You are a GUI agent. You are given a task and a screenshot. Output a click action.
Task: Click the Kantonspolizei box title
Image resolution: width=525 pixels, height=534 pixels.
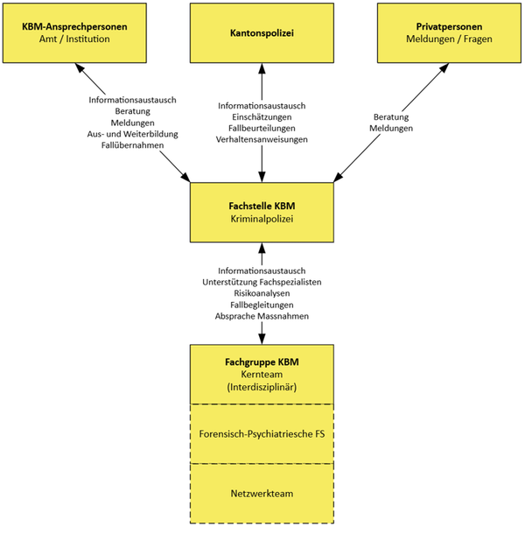coord(262,33)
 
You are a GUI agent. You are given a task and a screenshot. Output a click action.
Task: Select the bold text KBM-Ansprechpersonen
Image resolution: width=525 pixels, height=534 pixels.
coord(74,26)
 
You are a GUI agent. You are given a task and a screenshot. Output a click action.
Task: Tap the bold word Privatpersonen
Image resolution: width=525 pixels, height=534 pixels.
coord(449,26)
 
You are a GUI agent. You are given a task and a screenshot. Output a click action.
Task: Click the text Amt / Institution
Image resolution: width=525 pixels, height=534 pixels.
coord(74,39)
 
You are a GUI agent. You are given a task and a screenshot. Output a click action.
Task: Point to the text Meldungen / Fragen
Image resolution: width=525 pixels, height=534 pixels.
coord(449,39)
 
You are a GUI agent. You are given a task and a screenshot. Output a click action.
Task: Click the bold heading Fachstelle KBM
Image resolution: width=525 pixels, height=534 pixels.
coord(262,206)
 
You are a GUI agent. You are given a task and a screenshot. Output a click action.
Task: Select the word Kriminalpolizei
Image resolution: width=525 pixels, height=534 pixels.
coord(262,219)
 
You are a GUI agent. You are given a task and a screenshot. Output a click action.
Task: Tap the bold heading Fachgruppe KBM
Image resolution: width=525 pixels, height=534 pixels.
coord(262,362)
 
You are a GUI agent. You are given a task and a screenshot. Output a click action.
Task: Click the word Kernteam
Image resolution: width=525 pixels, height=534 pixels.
coord(262,375)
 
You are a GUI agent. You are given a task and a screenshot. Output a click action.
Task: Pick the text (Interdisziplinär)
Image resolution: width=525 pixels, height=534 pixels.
coord(262,387)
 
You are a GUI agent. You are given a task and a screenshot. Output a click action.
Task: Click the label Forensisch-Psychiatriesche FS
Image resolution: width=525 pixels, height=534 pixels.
coord(262,434)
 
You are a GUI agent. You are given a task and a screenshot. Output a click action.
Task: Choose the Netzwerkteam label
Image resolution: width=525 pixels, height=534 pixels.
coord(262,494)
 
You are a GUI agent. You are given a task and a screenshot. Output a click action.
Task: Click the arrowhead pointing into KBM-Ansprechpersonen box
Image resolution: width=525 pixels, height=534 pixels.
coord(79,67)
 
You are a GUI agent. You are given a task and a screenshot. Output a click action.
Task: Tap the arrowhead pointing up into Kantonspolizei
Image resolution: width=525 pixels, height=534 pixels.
coord(262,68)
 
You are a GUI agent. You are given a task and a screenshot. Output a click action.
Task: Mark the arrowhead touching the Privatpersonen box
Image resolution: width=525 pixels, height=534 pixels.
coord(444,67)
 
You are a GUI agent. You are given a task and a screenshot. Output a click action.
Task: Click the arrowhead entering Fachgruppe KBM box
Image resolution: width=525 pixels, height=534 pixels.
coord(262,339)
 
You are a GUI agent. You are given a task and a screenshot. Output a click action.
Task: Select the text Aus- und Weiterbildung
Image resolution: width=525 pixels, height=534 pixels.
coord(132,134)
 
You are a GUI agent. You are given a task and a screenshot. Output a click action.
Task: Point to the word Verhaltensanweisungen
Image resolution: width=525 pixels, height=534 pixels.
coord(262,139)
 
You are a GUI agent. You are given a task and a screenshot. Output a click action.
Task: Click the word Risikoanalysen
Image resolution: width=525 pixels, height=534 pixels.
coord(262,293)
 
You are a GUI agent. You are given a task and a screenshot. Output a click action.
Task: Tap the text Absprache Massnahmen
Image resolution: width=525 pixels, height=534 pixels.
coord(262,316)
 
